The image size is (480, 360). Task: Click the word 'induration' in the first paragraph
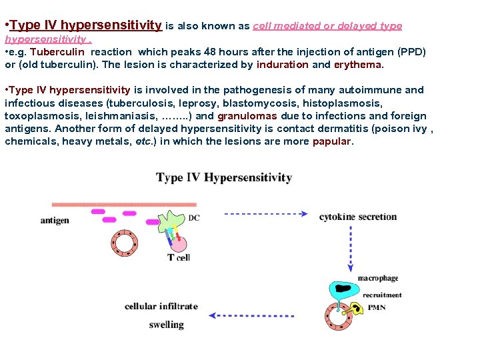[x=283, y=65]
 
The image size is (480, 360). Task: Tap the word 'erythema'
[x=359, y=65]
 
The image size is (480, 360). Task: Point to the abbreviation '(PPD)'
[x=410, y=52]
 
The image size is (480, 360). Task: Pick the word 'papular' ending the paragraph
[x=331, y=141]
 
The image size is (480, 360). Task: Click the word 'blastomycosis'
[x=261, y=103]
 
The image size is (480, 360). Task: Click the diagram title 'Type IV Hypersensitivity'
[x=224, y=177]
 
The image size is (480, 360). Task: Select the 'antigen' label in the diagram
[x=55, y=220]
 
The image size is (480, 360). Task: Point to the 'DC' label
[x=194, y=218]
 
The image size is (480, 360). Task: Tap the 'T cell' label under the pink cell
[x=178, y=257]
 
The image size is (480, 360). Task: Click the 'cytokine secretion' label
[x=358, y=217]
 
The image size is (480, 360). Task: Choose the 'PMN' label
[x=377, y=307]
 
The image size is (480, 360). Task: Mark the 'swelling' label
[x=166, y=325]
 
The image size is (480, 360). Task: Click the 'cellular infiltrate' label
[x=161, y=307]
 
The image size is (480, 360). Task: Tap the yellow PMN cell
[x=357, y=308]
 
